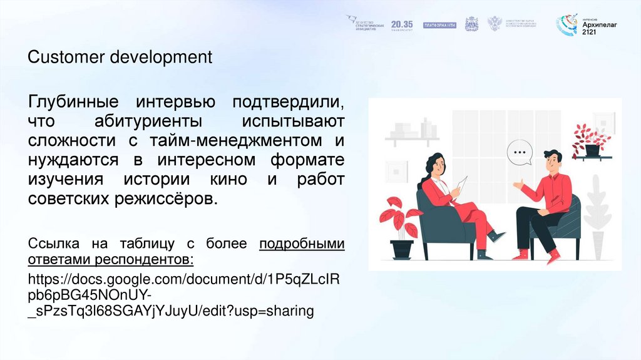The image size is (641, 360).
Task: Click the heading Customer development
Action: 120,58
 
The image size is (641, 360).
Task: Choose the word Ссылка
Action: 54,243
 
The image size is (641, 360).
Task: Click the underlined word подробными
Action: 302,243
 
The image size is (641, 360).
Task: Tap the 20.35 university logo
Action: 402,24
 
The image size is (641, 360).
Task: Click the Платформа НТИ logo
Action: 440,25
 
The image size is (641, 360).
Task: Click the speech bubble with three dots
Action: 518,152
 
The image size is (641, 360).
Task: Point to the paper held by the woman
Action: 461,184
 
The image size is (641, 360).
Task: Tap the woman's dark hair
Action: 431,165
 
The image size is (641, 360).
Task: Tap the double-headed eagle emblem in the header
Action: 495,24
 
